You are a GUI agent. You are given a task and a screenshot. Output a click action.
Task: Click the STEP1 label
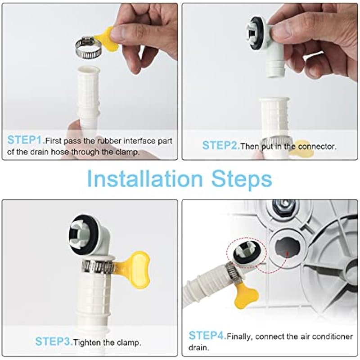[26, 139]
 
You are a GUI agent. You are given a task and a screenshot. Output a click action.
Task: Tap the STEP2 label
[221, 145]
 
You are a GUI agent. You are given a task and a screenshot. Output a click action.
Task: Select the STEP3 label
[54, 342]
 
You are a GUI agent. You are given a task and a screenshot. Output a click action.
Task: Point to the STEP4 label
[207, 335]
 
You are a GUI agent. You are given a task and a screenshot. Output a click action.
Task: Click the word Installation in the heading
[145, 179]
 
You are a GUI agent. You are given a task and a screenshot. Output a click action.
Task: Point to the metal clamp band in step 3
[98, 267]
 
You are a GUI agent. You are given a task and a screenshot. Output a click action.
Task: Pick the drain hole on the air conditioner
[287, 249]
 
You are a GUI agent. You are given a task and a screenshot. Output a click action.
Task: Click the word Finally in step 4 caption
[240, 337]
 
